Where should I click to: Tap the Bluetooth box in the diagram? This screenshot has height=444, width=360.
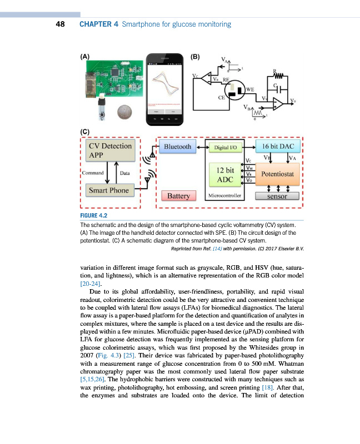point(177,147)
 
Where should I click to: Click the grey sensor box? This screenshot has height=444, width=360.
point(277,196)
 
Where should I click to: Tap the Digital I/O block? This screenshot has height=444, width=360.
point(225,148)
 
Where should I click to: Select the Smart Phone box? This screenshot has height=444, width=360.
point(109,190)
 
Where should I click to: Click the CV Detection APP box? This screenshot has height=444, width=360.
point(110,150)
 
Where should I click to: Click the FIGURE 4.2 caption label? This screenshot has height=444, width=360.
point(93,215)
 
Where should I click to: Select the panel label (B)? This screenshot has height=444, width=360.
point(196,56)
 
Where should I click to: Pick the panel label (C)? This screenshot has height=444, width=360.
point(85,132)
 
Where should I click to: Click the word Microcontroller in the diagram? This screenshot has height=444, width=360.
point(222,196)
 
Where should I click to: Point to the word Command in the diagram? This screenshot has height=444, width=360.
point(92,173)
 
